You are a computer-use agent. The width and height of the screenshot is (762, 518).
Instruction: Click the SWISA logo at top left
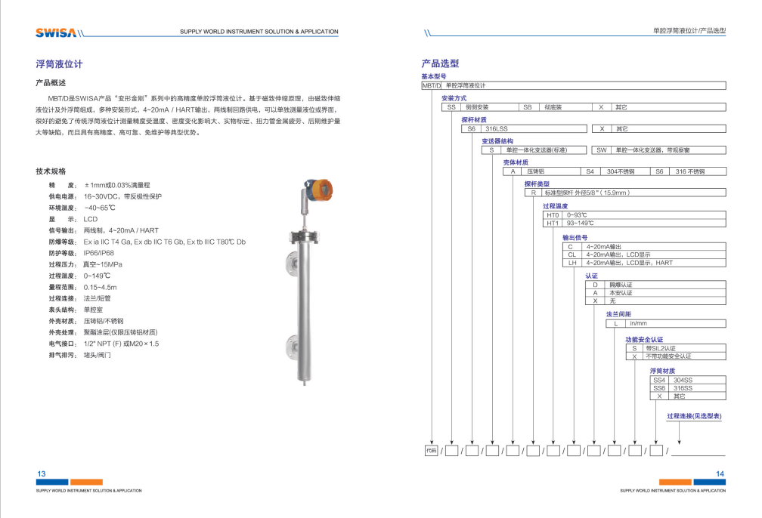[x=55, y=32]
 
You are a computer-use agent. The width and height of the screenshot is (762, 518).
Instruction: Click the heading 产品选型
[x=440, y=64]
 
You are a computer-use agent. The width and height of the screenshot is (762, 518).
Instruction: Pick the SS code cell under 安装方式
[x=452, y=107]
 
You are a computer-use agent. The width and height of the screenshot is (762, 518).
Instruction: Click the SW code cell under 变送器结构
[x=602, y=150]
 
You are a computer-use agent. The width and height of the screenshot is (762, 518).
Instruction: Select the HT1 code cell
[x=553, y=223]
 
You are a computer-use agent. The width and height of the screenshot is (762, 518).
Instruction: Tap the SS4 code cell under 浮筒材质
[x=659, y=381]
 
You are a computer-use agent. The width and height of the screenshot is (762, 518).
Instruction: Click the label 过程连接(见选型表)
[x=694, y=416]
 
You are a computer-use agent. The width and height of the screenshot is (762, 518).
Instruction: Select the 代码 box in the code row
[x=431, y=451]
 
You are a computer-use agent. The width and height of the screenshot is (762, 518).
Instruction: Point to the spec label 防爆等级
[x=62, y=242]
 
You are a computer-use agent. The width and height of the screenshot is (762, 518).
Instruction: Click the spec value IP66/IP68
[x=99, y=253]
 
